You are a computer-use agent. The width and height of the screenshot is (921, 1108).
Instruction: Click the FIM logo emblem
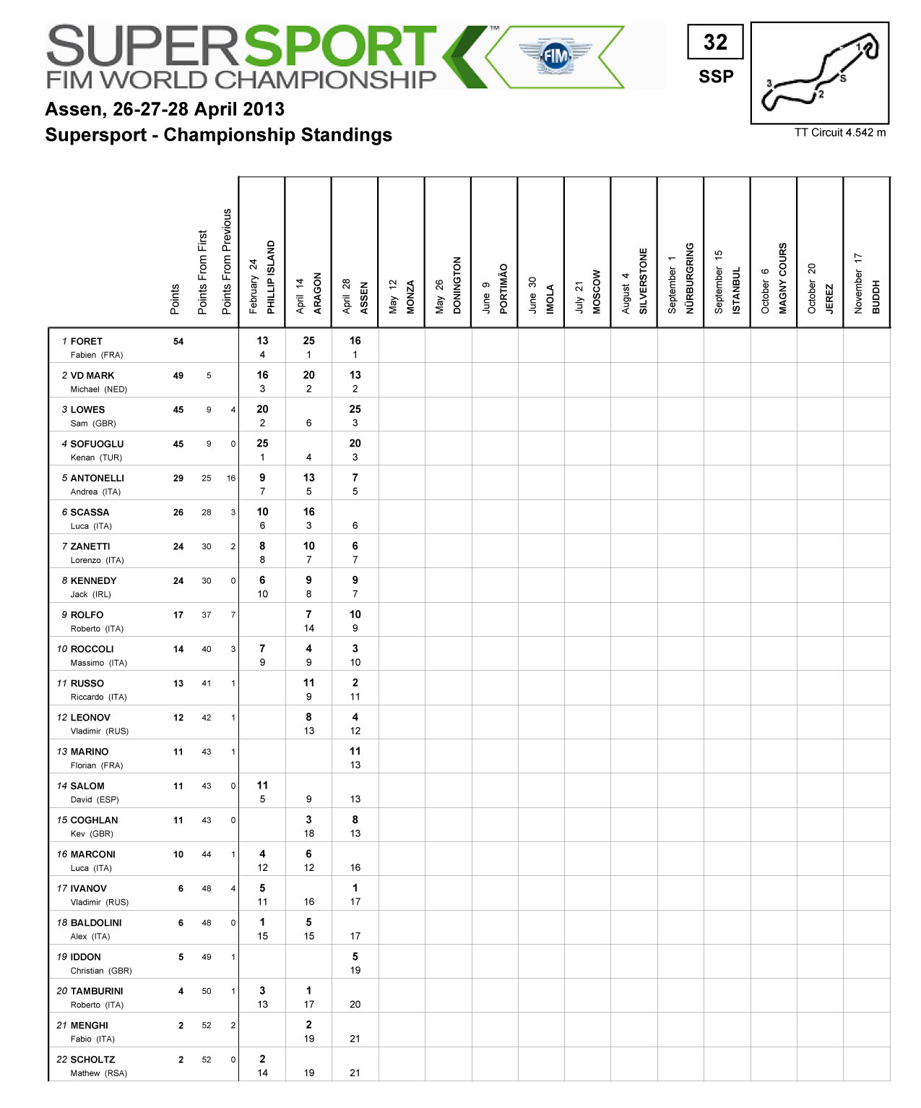(x=555, y=56)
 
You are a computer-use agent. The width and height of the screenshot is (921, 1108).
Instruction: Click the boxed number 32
(x=715, y=42)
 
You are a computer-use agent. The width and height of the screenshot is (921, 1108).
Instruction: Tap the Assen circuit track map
(x=820, y=73)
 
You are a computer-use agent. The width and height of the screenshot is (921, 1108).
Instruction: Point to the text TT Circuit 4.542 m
(x=839, y=132)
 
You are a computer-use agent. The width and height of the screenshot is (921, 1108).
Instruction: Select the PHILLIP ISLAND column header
(x=271, y=277)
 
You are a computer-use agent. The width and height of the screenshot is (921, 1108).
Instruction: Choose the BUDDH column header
(x=875, y=296)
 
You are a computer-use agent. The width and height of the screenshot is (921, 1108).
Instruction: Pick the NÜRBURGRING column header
(x=689, y=278)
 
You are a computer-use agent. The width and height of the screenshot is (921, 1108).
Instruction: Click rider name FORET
(x=87, y=341)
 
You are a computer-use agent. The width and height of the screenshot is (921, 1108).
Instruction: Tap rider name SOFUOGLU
(x=97, y=444)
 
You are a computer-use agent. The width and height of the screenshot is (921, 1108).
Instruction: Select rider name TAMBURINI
(x=97, y=991)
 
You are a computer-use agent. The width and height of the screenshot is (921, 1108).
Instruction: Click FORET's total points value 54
(x=178, y=341)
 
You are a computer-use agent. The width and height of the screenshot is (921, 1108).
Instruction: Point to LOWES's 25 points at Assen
(x=355, y=409)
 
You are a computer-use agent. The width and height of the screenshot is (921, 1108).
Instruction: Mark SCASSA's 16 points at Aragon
(x=308, y=512)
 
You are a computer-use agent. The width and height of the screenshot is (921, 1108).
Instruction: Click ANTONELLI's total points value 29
(x=178, y=478)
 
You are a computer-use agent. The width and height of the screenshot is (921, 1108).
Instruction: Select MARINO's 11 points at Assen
(x=355, y=752)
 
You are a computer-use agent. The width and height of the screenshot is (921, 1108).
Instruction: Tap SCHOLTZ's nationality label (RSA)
(x=115, y=1073)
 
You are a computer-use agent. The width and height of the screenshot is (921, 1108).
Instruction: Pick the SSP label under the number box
(x=716, y=77)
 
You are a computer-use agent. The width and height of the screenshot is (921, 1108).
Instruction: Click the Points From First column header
(x=202, y=272)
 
